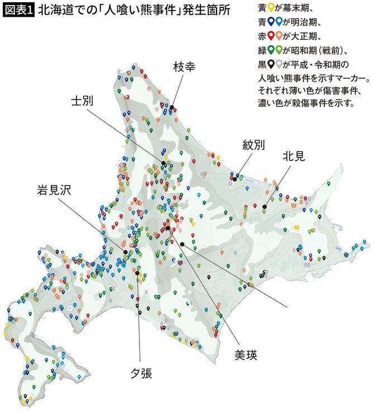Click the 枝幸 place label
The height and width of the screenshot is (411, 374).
(x=184, y=67)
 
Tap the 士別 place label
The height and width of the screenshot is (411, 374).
(x=82, y=101)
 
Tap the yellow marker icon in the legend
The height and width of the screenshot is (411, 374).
(x=271, y=8)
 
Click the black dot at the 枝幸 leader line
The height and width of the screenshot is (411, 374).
(x=173, y=107)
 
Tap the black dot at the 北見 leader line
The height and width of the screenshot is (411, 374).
(x=264, y=207)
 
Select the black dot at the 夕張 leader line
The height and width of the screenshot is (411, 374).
(x=137, y=273)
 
